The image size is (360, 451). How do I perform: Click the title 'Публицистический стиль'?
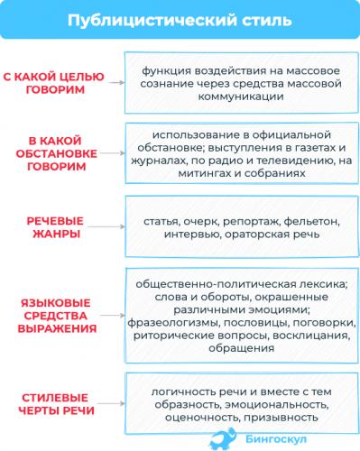click(180, 20)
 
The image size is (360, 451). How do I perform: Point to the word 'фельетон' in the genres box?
click(311, 219)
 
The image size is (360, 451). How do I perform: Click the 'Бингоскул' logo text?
click(272, 438)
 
